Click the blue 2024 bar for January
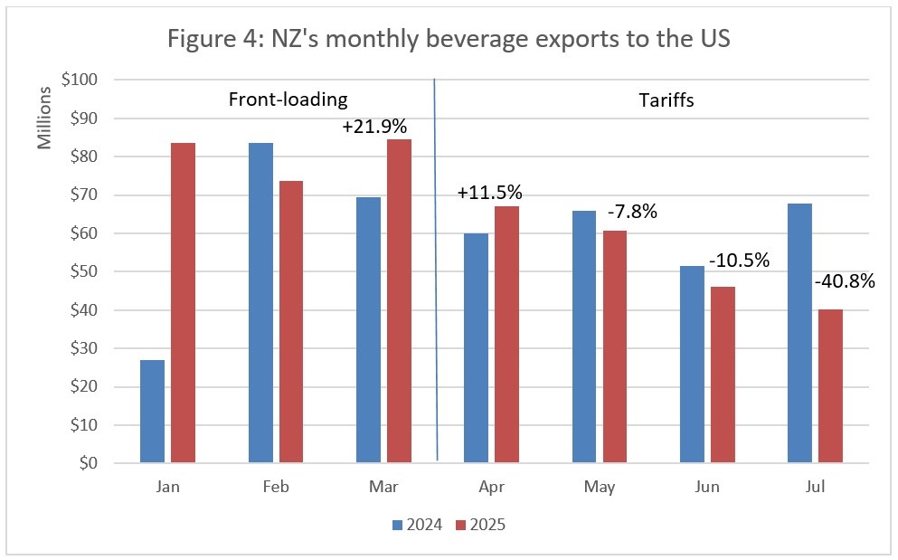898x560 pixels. point(153,412)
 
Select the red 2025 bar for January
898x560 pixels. point(184,303)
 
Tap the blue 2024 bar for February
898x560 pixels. point(260,303)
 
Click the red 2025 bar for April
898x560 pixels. point(507,335)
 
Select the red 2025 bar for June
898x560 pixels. point(723,375)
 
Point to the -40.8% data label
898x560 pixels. point(844,281)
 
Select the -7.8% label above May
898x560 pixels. point(631,214)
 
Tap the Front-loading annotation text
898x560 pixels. point(288,100)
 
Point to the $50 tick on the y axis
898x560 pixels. point(80,271)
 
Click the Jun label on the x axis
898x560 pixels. point(708,487)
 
